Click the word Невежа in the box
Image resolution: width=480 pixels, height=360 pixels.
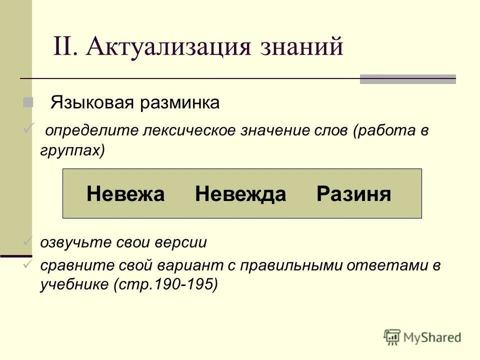point(125,194)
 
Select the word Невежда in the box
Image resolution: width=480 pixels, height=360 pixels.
point(240,194)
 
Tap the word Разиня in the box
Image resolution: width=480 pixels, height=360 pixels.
point(353,194)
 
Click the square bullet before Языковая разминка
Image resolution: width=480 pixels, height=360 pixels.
point(27,102)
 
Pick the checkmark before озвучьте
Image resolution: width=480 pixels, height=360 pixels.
point(28,242)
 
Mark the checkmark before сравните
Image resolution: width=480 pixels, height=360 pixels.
point(28,265)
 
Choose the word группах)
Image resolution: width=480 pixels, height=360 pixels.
point(72,150)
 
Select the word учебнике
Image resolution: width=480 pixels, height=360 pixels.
point(74,284)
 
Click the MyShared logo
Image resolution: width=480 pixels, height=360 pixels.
point(422,336)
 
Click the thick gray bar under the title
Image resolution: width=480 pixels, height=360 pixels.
point(407,79)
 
